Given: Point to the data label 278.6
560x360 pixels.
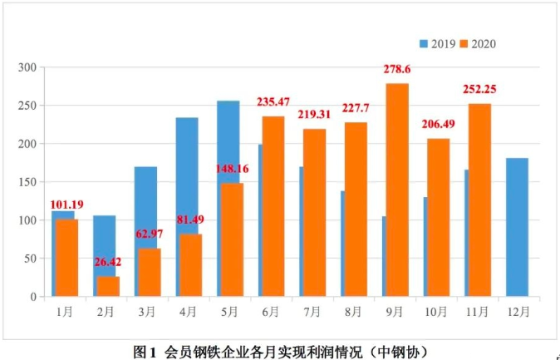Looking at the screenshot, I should tap(397, 72).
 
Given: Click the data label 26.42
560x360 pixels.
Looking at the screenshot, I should tap(108, 262).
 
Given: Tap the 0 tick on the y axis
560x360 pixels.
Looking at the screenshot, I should tap(36, 297).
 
